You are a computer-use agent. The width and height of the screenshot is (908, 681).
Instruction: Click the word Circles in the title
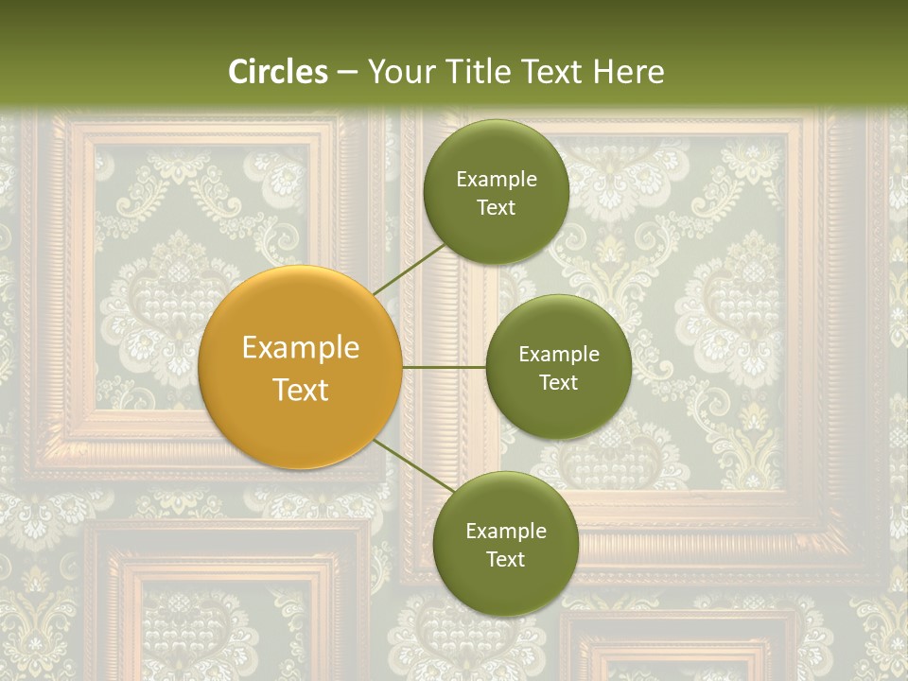coord(278,72)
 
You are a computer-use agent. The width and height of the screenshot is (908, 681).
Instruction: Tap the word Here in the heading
coord(628,72)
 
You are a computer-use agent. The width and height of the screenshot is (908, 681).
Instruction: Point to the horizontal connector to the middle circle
coord(444,367)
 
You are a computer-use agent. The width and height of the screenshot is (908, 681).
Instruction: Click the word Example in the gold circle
coord(301,348)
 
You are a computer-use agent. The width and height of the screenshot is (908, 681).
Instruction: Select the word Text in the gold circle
coord(301,390)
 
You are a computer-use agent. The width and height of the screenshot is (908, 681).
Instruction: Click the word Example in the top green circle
coord(496,180)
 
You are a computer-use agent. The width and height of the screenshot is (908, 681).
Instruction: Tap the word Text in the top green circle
coord(496,208)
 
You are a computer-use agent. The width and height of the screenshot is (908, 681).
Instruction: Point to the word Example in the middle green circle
coord(558,355)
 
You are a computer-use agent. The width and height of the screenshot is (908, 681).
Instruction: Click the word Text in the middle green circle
coord(558,383)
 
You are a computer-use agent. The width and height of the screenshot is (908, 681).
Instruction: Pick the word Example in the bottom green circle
coord(505,532)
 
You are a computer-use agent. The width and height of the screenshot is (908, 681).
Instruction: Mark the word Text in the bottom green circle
coord(505,560)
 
